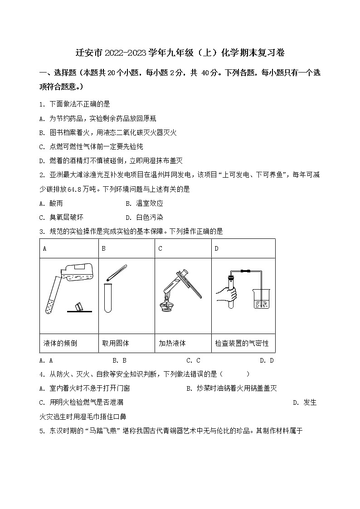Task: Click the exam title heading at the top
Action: (x=180, y=53)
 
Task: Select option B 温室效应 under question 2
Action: (x=144, y=204)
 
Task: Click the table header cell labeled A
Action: (x=45, y=248)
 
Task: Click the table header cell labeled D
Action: (x=217, y=248)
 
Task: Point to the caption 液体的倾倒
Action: (x=60, y=343)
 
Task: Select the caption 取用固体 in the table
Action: (x=116, y=343)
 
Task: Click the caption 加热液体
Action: (x=172, y=343)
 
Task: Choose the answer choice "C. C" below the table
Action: (x=193, y=361)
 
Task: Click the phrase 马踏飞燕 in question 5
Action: (x=105, y=431)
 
